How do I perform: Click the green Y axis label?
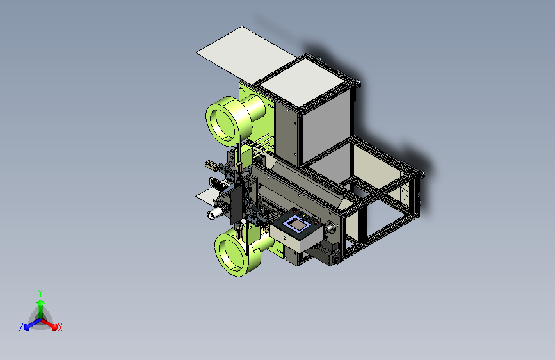(x=40, y=293)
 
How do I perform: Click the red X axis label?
(x=60, y=328)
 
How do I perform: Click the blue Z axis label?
(x=21, y=327)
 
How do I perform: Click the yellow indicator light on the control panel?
(x=303, y=215)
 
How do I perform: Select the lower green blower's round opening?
(x=231, y=253)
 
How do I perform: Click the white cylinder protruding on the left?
(x=214, y=214)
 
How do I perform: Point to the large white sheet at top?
(x=246, y=54)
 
